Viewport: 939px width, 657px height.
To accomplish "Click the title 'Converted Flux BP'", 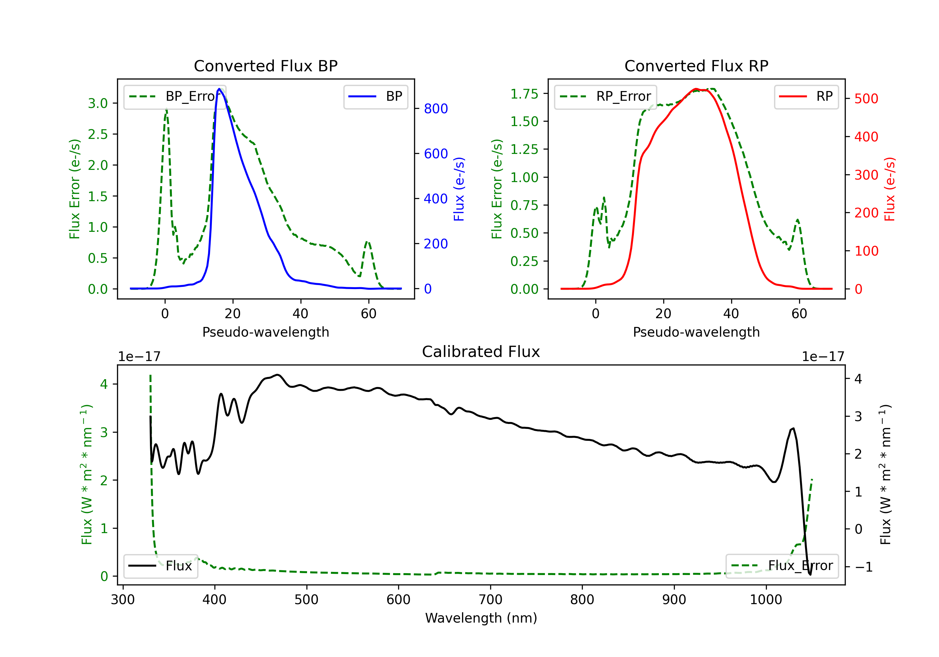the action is (266, 66).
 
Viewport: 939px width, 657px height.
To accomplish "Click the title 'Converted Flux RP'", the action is (696, 66).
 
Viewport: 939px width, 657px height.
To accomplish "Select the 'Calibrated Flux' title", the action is (481, 352).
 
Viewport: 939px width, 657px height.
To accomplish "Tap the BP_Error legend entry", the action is (175, 96).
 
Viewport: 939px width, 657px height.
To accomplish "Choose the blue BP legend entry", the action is (375, 96).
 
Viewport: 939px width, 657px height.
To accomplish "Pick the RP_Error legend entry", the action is (605, 96).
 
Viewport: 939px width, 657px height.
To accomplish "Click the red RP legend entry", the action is (806, 96).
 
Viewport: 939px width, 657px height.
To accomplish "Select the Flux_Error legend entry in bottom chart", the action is (782, 566).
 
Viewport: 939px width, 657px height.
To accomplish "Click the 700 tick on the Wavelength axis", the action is (490, 600).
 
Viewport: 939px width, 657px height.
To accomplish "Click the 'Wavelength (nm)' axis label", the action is (481, 618).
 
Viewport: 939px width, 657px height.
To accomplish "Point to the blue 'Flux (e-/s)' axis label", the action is (459, 189).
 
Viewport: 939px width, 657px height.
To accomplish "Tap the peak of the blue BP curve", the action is (219, 89).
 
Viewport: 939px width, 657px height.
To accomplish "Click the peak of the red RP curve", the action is (696, 89).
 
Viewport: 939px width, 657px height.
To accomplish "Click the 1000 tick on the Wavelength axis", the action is (766, 600).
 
